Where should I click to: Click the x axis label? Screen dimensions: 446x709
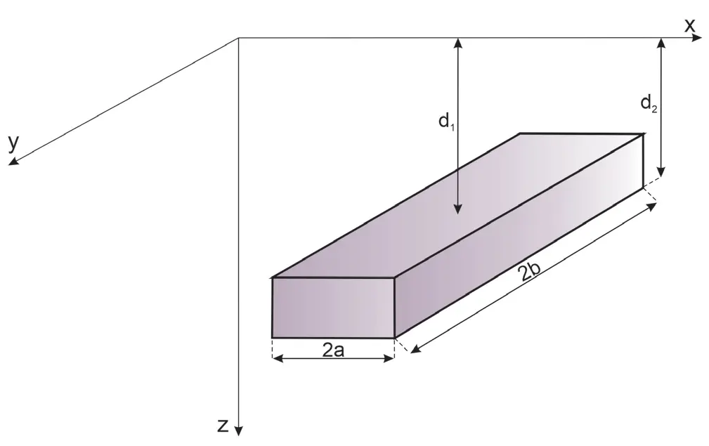tap(689, 26)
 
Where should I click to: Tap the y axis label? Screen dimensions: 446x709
tap(13, 143)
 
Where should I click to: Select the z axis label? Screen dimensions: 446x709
tap(222, 425)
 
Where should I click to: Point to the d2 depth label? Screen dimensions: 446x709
tap(649, 104)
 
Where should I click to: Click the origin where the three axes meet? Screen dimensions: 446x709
tap(239, 38)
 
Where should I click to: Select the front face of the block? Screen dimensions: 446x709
tap(333, 307)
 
